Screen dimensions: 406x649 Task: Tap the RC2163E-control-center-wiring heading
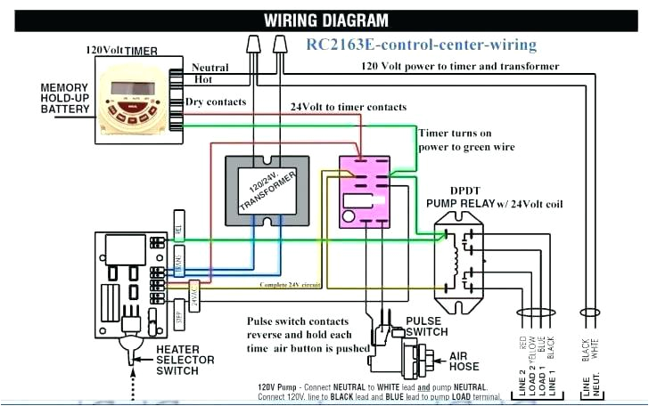(422, 45)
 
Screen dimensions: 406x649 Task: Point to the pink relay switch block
(366, 192)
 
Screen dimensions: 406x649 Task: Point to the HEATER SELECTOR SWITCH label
(185, 360)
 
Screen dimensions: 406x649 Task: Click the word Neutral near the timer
(210, 67)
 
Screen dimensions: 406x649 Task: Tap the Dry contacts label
(215, 102)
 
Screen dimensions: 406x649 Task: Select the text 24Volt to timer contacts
(349, 107)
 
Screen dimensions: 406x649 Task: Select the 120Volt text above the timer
(105, 50)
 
